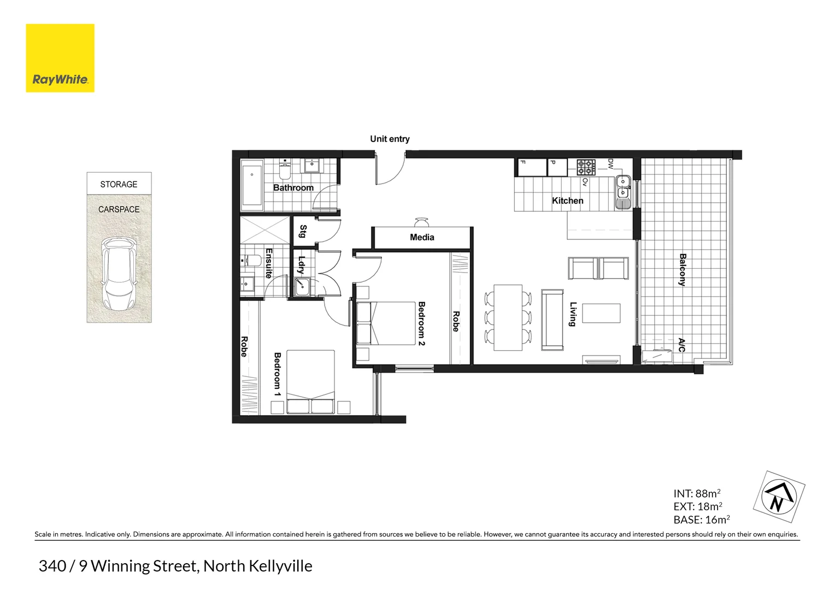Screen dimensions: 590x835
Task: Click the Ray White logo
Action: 60,58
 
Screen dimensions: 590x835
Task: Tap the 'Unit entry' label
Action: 390,139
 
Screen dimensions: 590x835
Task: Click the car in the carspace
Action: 119,273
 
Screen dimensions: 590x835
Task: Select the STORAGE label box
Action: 119,184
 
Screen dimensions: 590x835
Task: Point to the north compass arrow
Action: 779,497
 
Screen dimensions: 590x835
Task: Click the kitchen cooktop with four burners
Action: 586,167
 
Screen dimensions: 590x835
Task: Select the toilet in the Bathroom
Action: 284,171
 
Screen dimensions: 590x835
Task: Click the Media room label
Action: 422,237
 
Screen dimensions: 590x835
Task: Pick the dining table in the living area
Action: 508,317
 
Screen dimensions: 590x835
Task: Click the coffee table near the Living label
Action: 601,314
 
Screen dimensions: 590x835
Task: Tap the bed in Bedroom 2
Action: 386,323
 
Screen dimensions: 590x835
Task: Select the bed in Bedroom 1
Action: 310,382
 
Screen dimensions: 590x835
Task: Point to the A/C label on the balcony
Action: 681,345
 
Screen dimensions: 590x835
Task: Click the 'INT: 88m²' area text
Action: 697,493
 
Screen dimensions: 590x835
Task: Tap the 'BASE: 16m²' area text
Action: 701,520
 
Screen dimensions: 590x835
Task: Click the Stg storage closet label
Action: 303,231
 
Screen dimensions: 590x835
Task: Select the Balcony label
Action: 683,269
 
